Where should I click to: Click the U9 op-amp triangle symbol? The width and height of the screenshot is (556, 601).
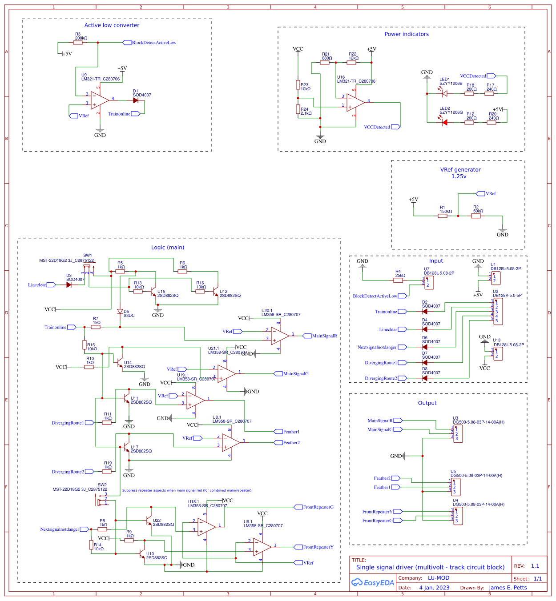(99, 100)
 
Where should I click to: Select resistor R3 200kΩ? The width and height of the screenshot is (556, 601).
(78, 43)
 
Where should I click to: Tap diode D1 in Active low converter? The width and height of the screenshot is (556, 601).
(136, 100)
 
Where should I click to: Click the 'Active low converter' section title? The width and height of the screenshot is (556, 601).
(112, 25)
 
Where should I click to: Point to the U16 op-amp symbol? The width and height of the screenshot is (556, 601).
(355, 103)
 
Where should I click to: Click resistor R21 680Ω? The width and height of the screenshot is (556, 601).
(325, 63)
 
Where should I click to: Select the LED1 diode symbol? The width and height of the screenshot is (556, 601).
(444, 93)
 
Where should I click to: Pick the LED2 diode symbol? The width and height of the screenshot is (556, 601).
(444, 122)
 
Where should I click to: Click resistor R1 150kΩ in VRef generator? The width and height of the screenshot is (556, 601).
(443, 216)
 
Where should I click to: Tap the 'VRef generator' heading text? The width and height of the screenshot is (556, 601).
(460, 170)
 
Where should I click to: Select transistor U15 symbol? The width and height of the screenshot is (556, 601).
(154, 293)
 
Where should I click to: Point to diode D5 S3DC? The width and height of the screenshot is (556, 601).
(120, 312)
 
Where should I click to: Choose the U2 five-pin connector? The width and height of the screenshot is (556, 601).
(498, 311)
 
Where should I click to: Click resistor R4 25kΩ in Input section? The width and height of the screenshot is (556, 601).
(399, 280)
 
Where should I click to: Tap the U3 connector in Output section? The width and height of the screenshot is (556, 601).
(458, 433)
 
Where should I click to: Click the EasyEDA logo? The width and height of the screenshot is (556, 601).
(373, 583)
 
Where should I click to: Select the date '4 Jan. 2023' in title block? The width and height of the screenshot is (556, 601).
(434, 588)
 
